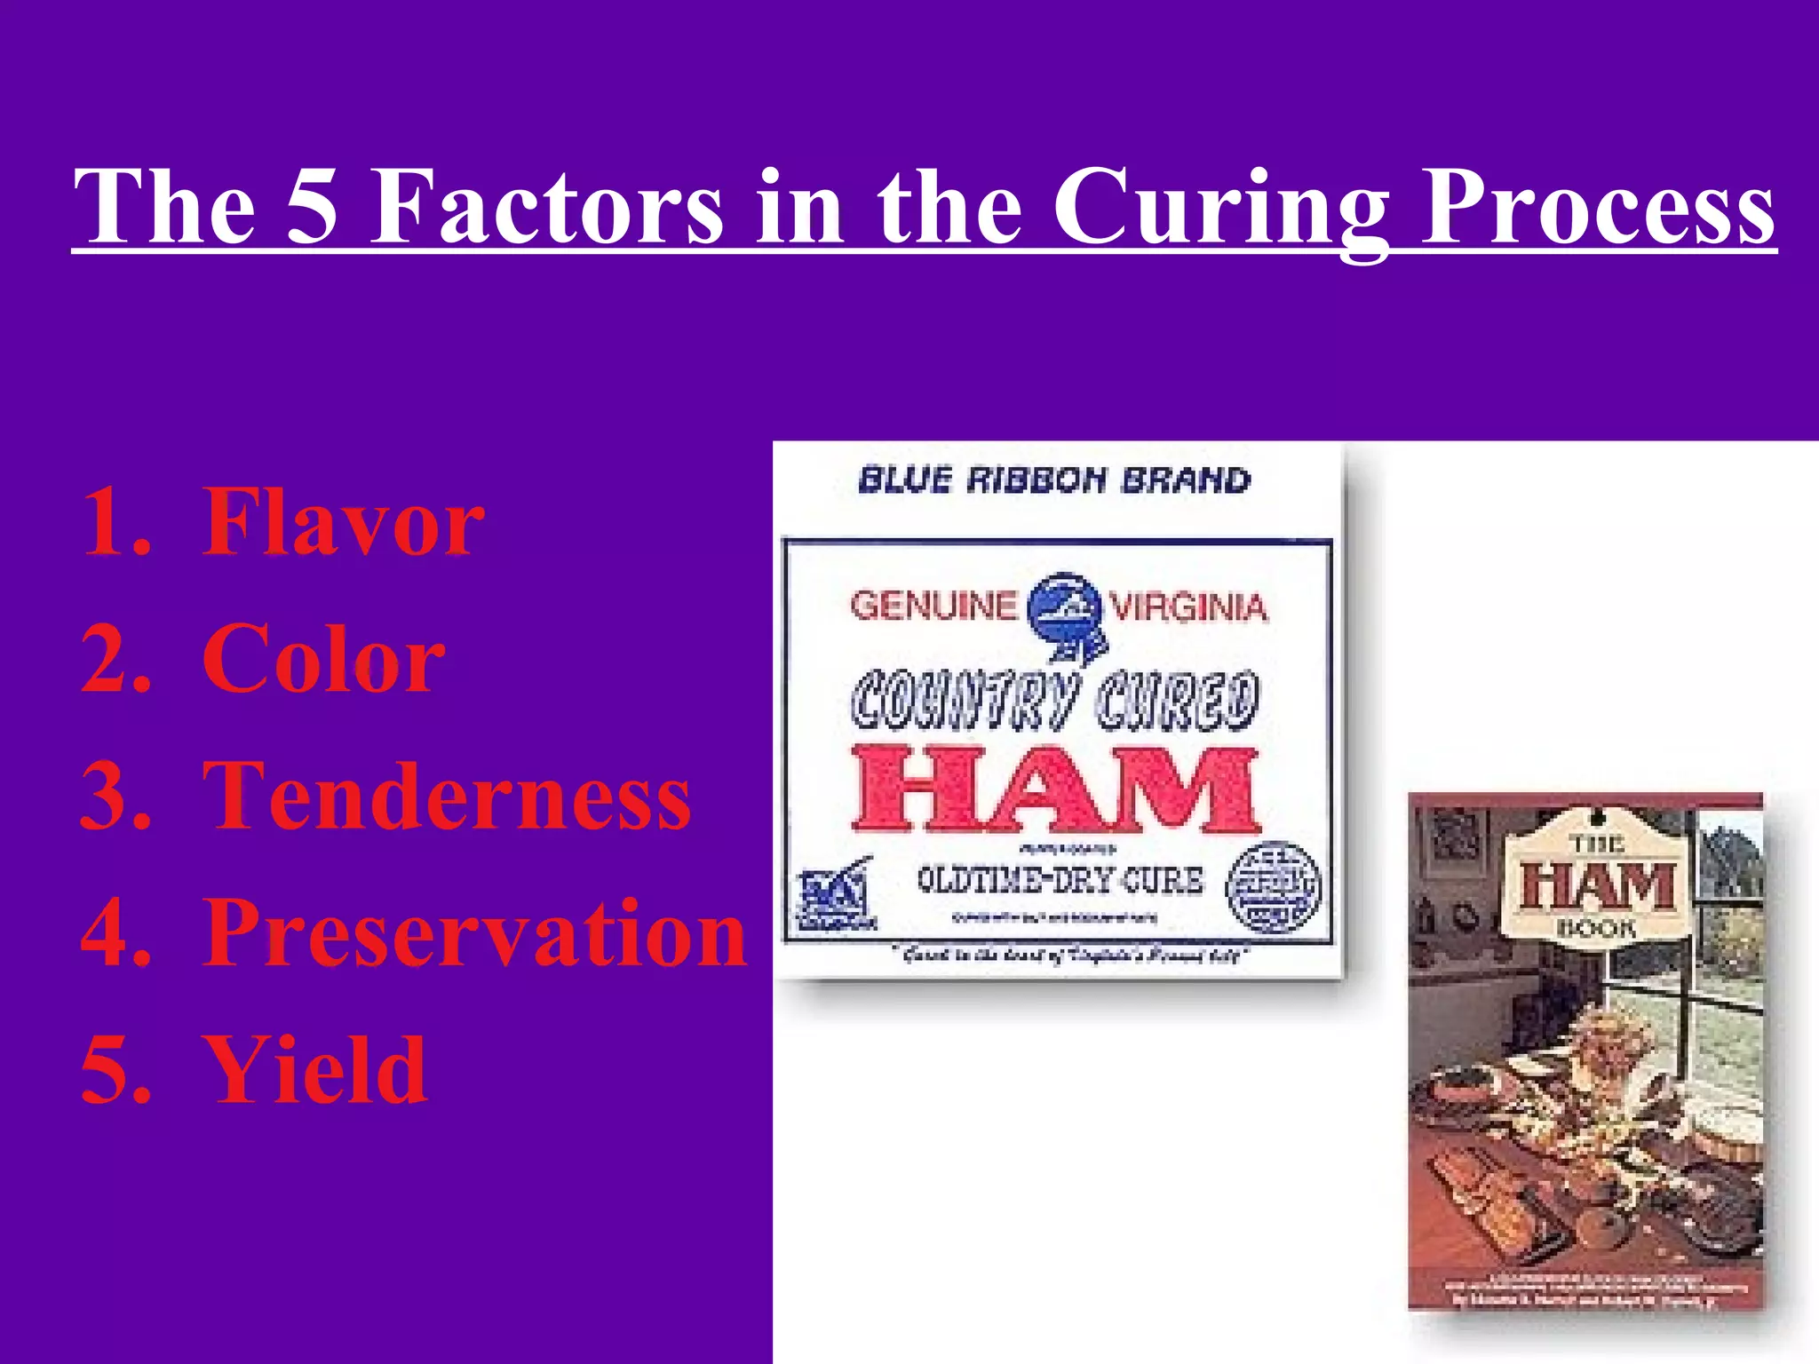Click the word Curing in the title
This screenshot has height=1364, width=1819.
(1220, 209)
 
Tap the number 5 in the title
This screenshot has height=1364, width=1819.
(313, 209)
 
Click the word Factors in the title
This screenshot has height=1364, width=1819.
(546, 209)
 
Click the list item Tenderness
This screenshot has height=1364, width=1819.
(446, 796)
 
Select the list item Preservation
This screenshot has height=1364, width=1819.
(474, 932)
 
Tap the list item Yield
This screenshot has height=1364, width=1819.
(314, 1069)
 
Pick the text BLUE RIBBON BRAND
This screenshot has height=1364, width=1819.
(1054, 480)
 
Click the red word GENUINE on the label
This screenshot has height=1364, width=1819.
(933, 607)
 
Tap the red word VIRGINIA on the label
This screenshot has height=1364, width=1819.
(1189, 608)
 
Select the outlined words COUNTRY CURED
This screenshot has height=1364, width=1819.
(1055, 699)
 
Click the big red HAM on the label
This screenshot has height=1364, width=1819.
(1055, 789)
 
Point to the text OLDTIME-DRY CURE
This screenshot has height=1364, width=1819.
(1060, 880)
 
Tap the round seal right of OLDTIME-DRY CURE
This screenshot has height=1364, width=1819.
(1273, 886)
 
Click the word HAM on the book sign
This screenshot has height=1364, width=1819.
(1596, 885)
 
